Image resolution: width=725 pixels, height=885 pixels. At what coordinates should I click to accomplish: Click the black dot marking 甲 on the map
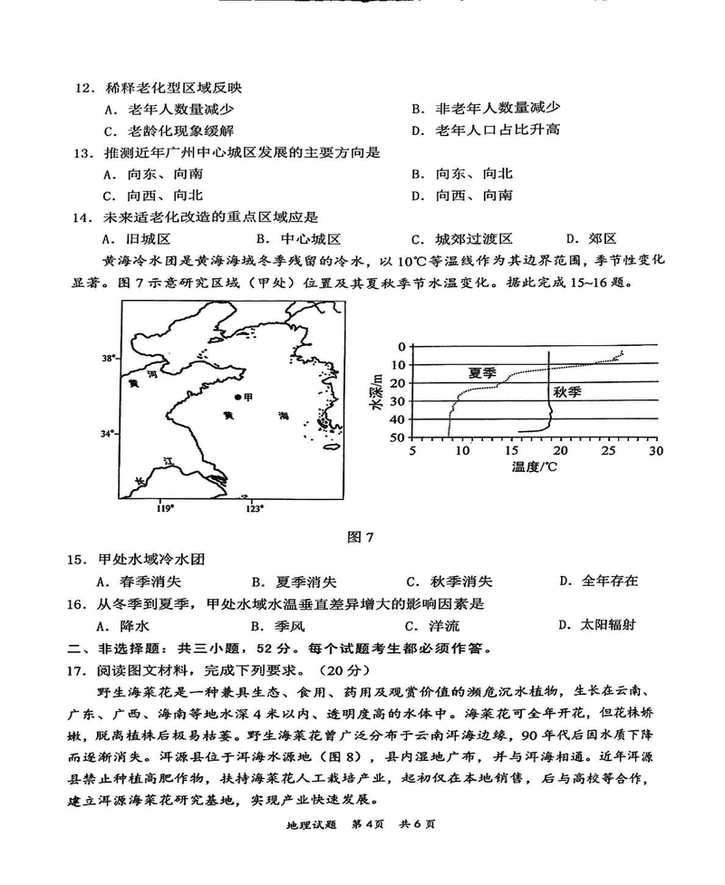pos(237,398)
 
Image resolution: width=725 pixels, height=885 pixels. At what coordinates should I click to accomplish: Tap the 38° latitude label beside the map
pos(108,359)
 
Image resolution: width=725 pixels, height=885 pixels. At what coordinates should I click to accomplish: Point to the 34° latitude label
pos(108,434)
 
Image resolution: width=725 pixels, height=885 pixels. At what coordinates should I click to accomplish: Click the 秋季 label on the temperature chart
pos(568,392)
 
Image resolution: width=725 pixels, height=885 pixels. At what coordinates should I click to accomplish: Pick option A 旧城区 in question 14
pos(137,239)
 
